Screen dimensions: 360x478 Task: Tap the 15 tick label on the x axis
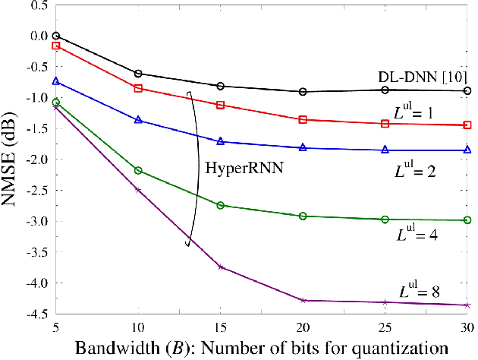click(221, 324)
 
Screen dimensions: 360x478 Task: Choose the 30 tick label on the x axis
click(467, 324)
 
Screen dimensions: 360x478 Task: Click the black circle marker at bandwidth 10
click(138, 74)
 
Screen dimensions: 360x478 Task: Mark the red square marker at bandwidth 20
click(303, 119)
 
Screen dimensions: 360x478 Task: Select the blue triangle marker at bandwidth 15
click(221, 142)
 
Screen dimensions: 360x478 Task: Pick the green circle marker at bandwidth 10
click(138, 170)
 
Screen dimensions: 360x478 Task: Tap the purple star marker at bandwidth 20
click(303, 301)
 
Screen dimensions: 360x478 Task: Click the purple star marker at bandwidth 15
click(221, 267)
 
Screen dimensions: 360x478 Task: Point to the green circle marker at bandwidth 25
click(385, 219)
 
